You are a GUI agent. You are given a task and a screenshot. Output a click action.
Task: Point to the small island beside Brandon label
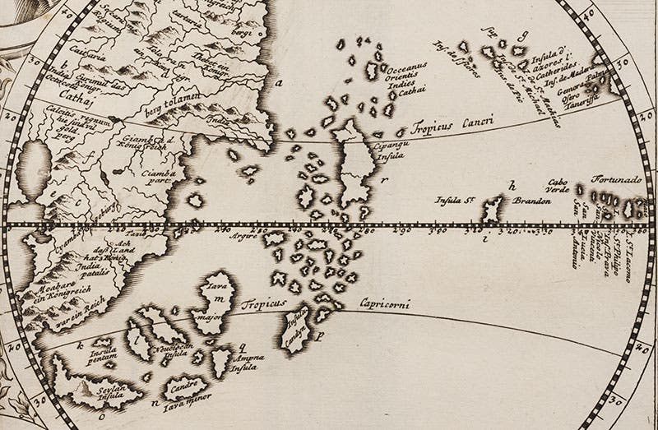point(493,210)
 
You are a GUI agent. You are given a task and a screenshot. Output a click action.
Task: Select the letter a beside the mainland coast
point(279,82)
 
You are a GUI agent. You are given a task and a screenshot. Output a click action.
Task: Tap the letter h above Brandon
point(512,184)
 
